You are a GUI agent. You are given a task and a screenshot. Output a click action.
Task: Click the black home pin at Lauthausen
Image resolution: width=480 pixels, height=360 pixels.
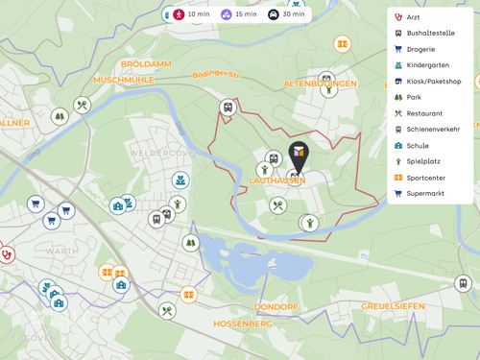300,154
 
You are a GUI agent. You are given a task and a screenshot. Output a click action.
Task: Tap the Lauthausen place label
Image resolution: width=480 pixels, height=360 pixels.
276,180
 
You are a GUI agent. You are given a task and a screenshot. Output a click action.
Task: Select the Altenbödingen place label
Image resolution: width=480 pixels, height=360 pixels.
321,84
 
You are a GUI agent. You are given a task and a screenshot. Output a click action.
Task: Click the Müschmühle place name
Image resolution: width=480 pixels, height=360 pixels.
125,80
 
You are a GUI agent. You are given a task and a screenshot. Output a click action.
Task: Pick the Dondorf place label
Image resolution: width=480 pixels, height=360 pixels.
276,308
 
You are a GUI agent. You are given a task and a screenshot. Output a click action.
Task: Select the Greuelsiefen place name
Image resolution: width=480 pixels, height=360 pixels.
392,306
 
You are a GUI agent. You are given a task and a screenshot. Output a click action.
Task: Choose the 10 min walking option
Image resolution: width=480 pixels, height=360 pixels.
190,14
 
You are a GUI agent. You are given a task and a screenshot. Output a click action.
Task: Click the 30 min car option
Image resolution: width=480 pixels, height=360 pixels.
286,14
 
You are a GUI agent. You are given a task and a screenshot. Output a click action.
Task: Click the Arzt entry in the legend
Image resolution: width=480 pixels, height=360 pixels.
413,17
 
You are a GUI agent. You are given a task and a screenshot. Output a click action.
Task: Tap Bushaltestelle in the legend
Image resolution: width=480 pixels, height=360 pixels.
427,33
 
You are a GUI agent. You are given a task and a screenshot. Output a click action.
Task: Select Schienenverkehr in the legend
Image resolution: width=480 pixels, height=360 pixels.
432,130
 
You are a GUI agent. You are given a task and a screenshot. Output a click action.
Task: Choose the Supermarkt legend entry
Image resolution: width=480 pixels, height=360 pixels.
424,193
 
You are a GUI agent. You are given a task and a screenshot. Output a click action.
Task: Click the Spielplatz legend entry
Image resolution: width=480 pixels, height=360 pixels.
423,161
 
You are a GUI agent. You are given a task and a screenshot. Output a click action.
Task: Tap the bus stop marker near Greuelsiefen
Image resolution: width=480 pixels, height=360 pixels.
463,283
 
